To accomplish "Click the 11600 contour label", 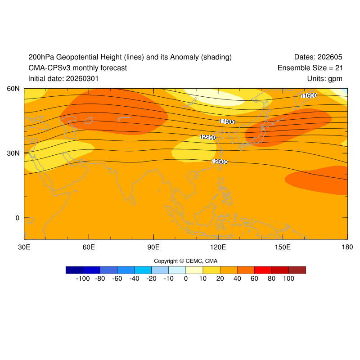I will click(x=309, y=95).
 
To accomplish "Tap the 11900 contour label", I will click(x=227, y=121).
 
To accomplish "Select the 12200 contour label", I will click(x=208, y=137).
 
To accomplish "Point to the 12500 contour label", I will click(x=220, y=162).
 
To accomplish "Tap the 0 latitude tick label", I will click(x=18, y=218).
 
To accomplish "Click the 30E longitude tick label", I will click(x=24, y=247).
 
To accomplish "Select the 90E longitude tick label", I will click(x=153, y=247).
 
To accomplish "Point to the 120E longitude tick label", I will click(x=218, y=247).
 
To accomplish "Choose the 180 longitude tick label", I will click(x=347, y=247).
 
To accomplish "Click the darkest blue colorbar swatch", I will click(x=74, y=270).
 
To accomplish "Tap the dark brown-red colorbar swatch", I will click(x=297, y=270).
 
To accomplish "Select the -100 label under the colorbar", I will click(x=83, y=279).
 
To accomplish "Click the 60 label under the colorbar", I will click(x=254, y=279).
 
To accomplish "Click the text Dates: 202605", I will click(x=318, y=57).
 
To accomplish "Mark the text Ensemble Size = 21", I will click(x=310, y=68).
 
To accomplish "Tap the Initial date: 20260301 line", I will click(x=63, y=79).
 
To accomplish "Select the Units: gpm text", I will click(x=324, y=79).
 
